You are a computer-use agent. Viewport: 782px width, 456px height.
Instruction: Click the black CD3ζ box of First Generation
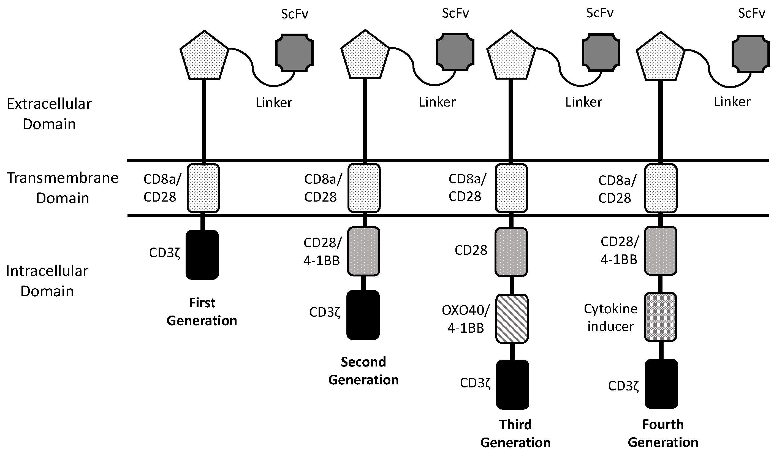click(202, 254)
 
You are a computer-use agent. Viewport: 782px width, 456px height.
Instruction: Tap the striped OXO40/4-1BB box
click(512, 319)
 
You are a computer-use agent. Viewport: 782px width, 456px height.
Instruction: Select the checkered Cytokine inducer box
click(660, 317)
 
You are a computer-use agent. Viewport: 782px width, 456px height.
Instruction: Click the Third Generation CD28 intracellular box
click(511, 252)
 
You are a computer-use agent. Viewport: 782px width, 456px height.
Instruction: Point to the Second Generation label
click(363, 371)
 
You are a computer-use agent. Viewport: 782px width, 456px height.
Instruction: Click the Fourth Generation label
click(663, 433)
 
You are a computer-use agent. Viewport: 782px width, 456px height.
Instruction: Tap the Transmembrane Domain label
click(63, 188)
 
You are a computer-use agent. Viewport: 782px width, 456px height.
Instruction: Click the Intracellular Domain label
click(47, 281)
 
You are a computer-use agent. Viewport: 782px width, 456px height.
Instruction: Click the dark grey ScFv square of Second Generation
click(455, 52)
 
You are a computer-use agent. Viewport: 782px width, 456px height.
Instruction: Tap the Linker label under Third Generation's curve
click(583, 102)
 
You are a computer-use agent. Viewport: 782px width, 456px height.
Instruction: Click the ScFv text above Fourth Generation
click(751, 13)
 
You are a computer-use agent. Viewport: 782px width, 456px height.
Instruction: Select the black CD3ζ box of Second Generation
click(363, 315)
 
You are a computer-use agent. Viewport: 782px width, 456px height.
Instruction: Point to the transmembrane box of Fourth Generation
click(661, 188)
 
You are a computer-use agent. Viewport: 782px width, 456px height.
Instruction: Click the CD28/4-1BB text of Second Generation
click(322, 251)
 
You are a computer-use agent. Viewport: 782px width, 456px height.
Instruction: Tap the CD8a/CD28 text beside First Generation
click(162, 188)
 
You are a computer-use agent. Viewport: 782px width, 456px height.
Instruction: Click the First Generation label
click(202, 311)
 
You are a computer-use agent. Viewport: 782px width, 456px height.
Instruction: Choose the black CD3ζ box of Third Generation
click(512, 384)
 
